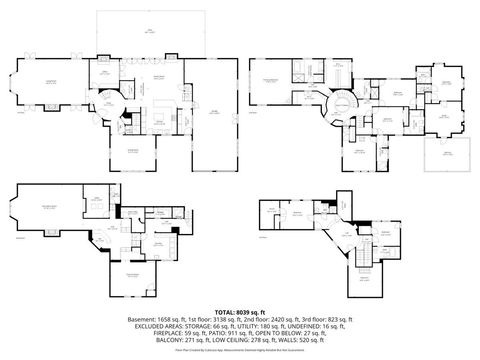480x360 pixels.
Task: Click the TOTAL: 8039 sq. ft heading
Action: [240, 312]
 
